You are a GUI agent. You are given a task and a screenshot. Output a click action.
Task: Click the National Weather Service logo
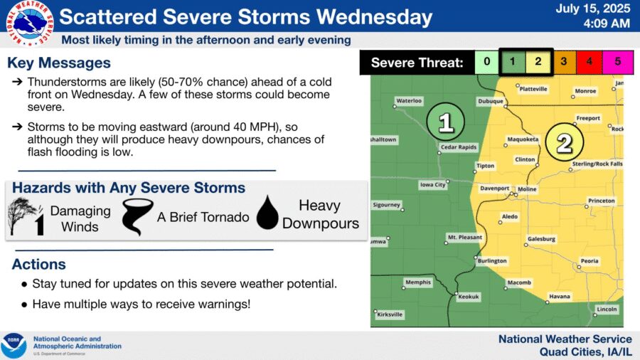(30, 23)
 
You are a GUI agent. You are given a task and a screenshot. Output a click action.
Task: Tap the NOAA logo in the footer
(14, 345)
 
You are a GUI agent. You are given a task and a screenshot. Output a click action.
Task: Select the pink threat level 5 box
(617, 62)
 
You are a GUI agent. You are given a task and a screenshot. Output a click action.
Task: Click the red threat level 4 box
(589, 62)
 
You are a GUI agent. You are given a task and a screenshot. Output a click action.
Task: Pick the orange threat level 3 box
(564, 62)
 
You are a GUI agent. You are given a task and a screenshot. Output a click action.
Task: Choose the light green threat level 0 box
(487, 62)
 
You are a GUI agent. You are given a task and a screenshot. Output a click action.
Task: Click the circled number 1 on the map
(445, 122)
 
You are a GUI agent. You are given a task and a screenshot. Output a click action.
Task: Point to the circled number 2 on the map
(565, 142)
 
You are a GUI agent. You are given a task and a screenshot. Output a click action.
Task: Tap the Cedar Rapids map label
(459, 147)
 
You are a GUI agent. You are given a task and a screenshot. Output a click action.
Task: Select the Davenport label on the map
(494, 188)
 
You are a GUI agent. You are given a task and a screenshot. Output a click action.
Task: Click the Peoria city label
(590, 261)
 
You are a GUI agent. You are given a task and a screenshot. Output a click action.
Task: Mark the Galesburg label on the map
(541, 239)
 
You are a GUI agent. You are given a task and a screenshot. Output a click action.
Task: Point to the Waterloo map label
(409, 100)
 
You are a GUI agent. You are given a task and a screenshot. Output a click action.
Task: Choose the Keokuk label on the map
(468, 297)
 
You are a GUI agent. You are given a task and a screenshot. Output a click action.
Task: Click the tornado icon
(137, 217)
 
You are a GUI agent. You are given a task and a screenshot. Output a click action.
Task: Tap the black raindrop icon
(267, 212)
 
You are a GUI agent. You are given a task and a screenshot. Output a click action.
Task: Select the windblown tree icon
(26, 216)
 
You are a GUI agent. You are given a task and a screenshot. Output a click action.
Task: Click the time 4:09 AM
(607, 23)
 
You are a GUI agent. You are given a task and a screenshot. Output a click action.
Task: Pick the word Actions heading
(39, 264)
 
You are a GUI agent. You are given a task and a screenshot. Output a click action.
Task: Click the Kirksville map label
(390, 314)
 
